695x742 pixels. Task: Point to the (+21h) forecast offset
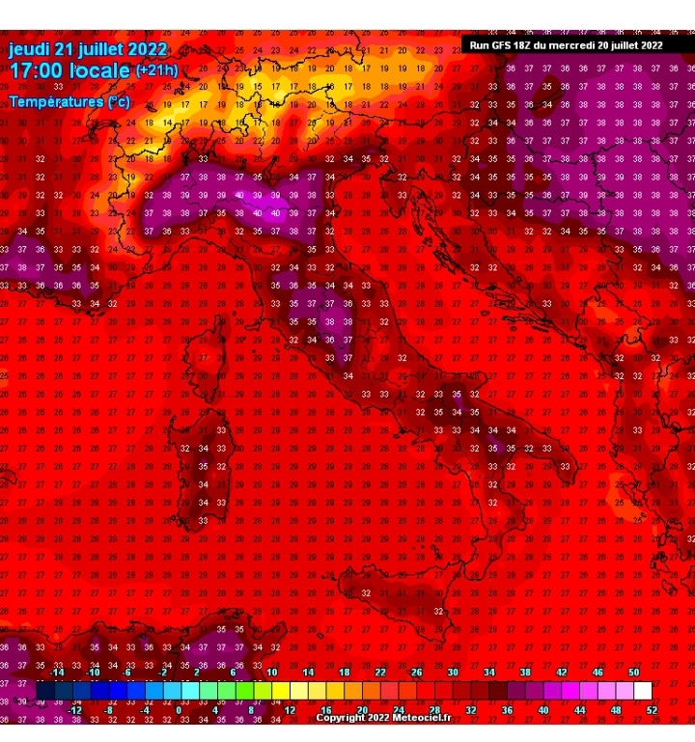pos(155,71)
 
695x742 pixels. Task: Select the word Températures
pos(56,100)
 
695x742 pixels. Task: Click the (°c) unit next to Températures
pos(119,100)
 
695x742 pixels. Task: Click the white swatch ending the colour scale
pos(643,690)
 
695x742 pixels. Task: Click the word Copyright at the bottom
pos(341,718)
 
